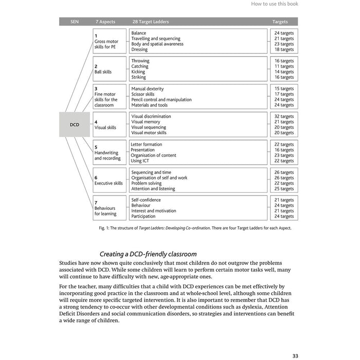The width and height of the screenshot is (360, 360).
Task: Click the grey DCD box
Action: point(75,124)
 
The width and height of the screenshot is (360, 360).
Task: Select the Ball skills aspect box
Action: point(110,69)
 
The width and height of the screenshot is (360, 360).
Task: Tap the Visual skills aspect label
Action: point(105,128)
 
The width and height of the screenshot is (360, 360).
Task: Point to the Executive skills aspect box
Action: point(110,180)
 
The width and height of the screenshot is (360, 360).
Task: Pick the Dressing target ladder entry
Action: point(139,50)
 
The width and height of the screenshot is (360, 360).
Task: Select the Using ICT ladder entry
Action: point(141,161)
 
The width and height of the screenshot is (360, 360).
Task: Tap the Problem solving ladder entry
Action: point(146,183)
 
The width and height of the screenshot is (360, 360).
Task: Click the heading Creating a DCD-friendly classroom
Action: point(148,254)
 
